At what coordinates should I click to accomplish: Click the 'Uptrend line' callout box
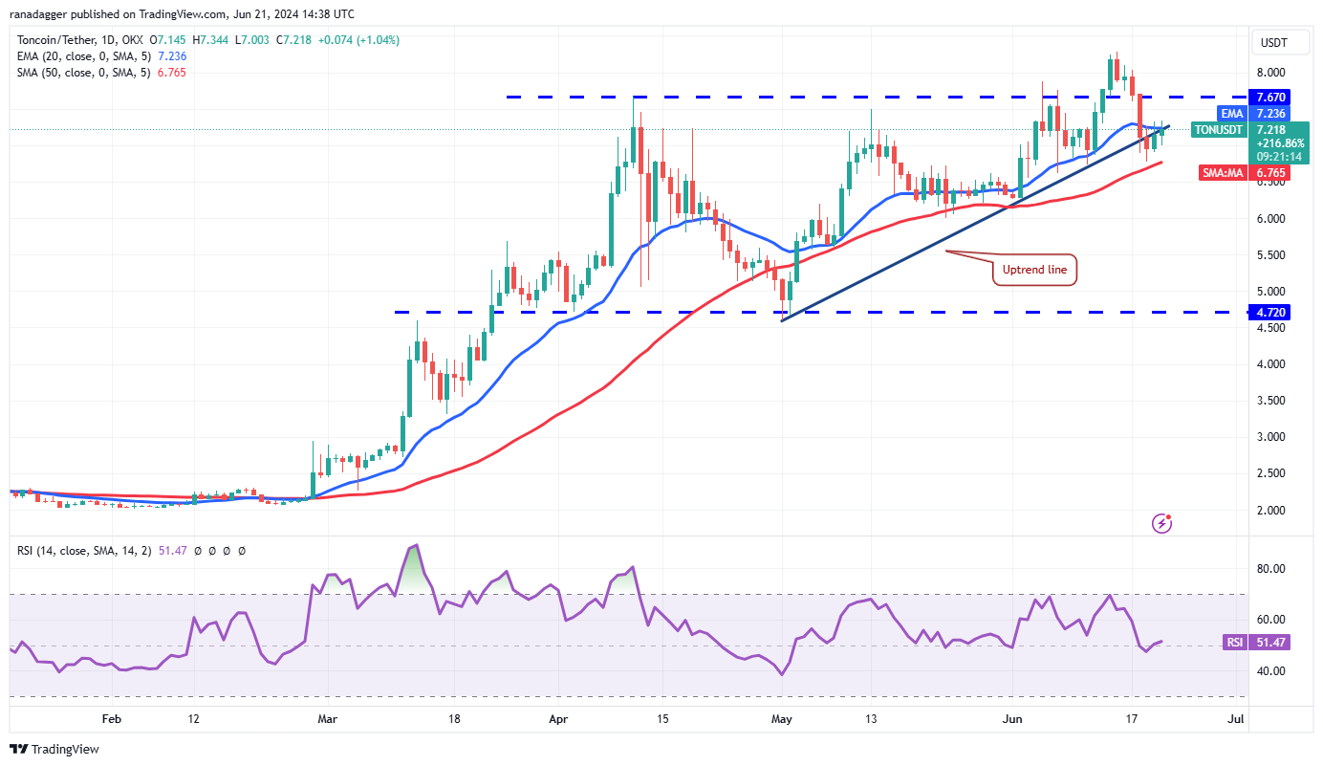(x=1035, y=270)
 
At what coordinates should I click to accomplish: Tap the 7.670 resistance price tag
(x=1271, y=97)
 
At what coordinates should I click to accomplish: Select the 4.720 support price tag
(x=1271, y=312)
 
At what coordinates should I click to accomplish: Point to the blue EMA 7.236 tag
(x=1271, y=113)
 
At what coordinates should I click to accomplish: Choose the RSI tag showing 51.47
(x=1270, y=643)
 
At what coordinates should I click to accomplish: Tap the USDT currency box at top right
(x=1273, y=42)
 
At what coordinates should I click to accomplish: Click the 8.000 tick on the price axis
(x=1269, y=73)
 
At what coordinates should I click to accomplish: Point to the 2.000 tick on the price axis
(x=1269, y=510)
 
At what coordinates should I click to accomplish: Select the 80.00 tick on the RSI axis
(x=1269, y=569)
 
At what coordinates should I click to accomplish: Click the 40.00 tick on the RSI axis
(x=1269, y=671)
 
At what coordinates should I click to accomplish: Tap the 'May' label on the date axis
(x=782, y=717)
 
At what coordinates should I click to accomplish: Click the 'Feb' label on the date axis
(x=112, y=717)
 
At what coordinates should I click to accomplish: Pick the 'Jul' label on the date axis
(x=1235, y=717)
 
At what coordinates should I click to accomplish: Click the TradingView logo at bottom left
(x=54, y=750)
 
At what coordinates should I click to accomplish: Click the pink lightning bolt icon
(x=1162, y=523)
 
